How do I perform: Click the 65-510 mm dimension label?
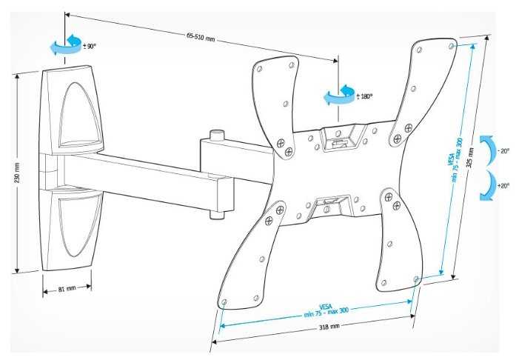point(201,37)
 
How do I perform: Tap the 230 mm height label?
point(17,173)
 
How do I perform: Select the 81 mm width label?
point(67,289)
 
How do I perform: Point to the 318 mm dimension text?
point(329,327)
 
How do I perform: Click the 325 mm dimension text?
point(470,158)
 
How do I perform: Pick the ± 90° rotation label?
point(90,46)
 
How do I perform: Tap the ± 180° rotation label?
point(364,96)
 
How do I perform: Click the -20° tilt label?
point(503,151)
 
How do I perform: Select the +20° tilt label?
point(503,186)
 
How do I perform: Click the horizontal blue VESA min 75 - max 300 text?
point(327,310)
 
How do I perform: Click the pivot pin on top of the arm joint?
point(217,135)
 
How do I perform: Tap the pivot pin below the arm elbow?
point(217,216)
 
